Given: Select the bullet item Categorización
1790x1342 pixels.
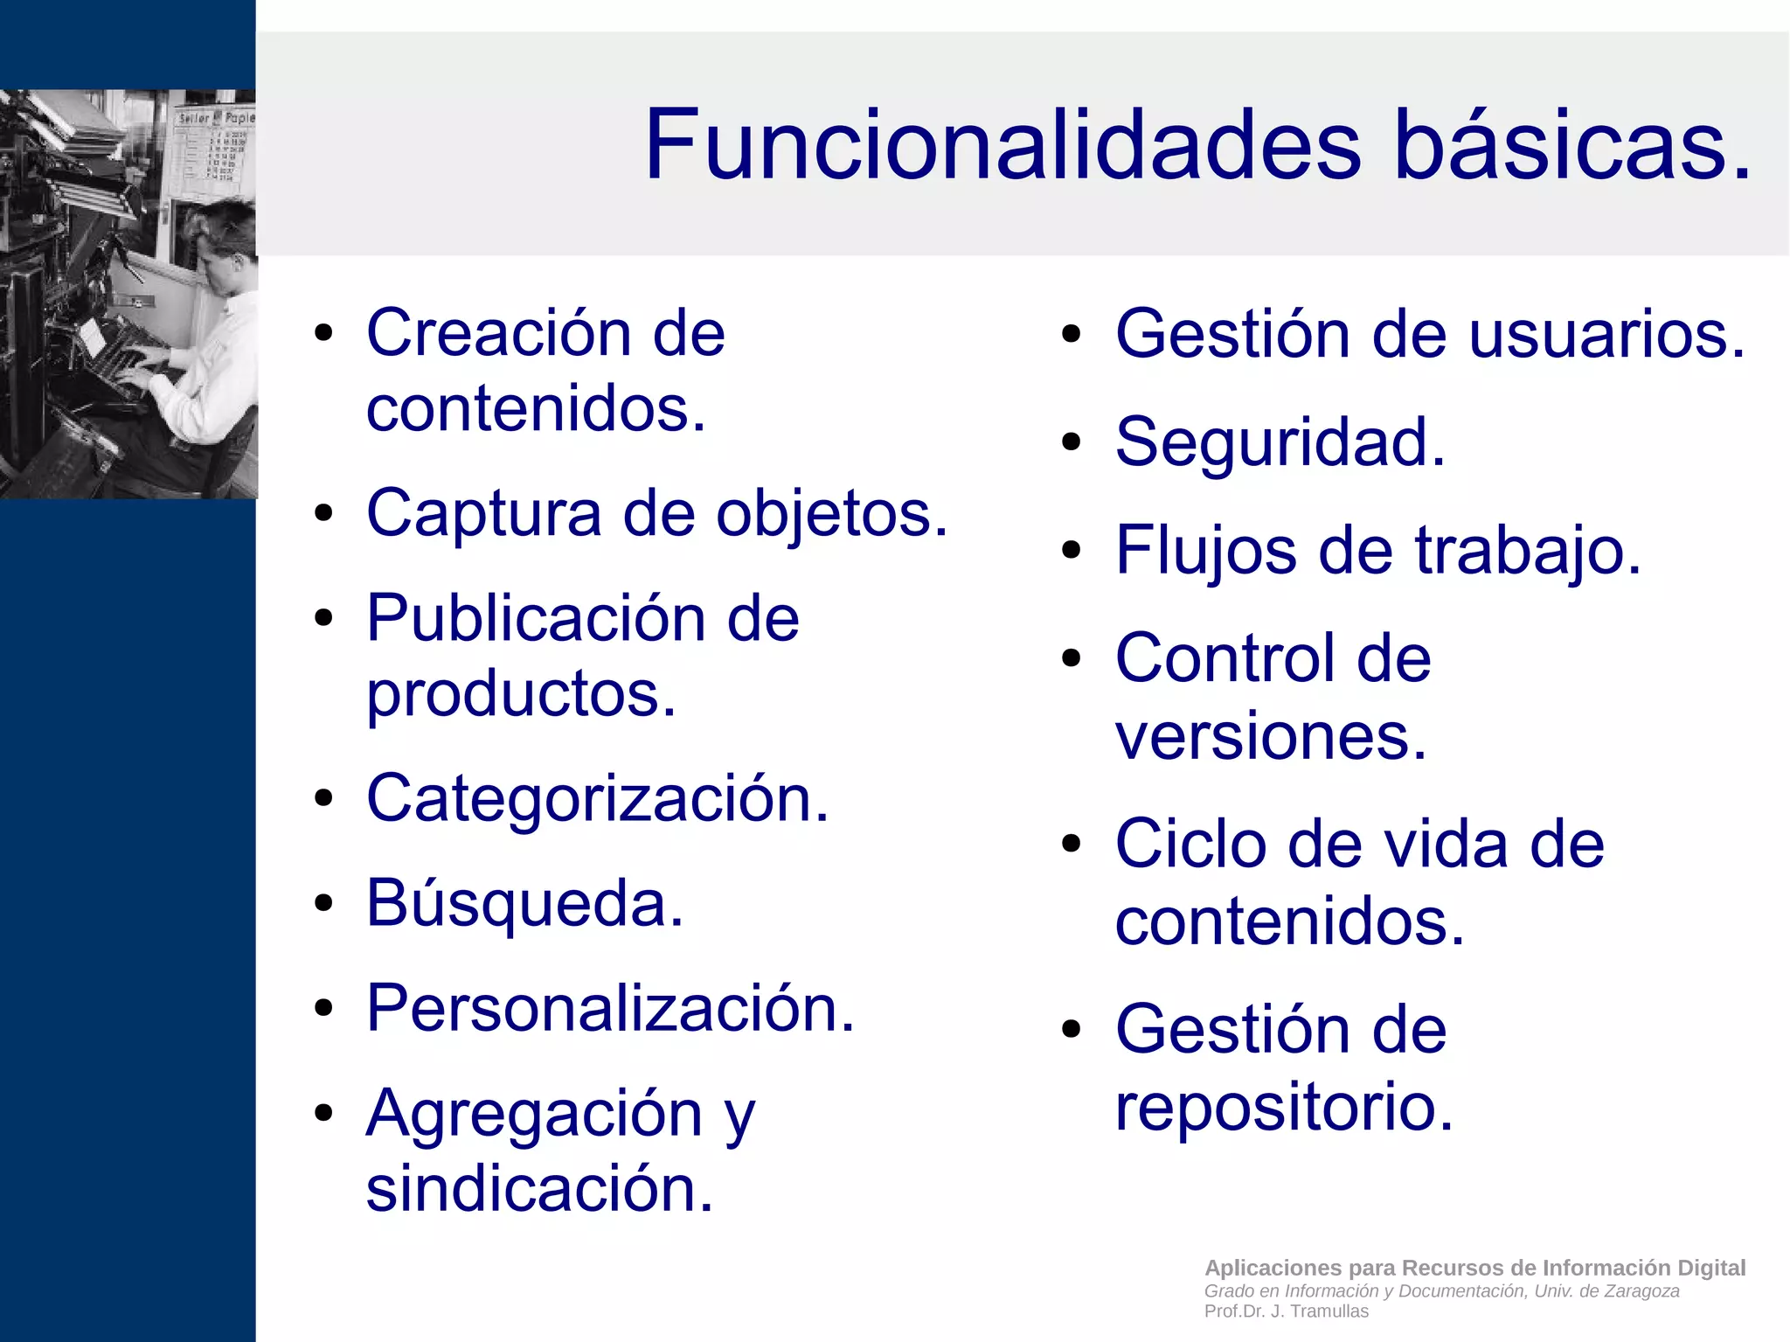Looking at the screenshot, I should coord(597,798).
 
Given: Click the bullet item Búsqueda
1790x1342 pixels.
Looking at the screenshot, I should coord(524,903).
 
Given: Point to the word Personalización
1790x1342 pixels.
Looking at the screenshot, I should coord(610,1008).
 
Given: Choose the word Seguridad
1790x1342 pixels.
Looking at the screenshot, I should coord(1280,442).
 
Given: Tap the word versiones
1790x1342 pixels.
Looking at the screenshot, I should coord(1270,736).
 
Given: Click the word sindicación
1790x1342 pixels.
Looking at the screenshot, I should coord(539,1189).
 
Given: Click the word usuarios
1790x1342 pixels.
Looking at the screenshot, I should coord(1606,335).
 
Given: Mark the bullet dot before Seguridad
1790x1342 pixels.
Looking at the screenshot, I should coord(1072,442).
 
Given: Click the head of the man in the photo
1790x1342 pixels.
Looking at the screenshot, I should coord(225,236).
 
